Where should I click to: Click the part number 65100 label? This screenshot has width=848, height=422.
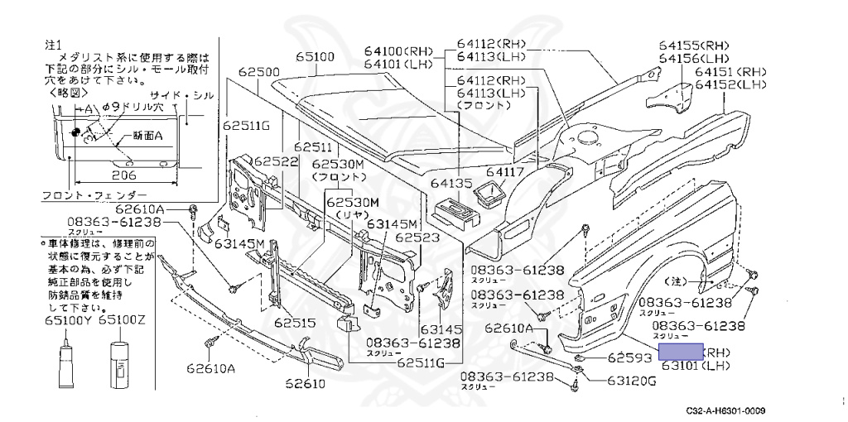[x=316, y=58]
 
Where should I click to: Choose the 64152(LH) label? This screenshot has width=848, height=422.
[x=730, y=84]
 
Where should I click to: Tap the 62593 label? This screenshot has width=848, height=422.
[x=632, y=358]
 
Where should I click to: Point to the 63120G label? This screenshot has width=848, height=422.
[x=630, y=381]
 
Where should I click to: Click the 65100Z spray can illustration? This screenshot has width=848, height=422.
[x=120, y=364]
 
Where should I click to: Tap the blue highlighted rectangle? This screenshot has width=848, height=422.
[x=681, y=352]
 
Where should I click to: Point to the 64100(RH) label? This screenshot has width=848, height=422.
[x=398, y=51]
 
